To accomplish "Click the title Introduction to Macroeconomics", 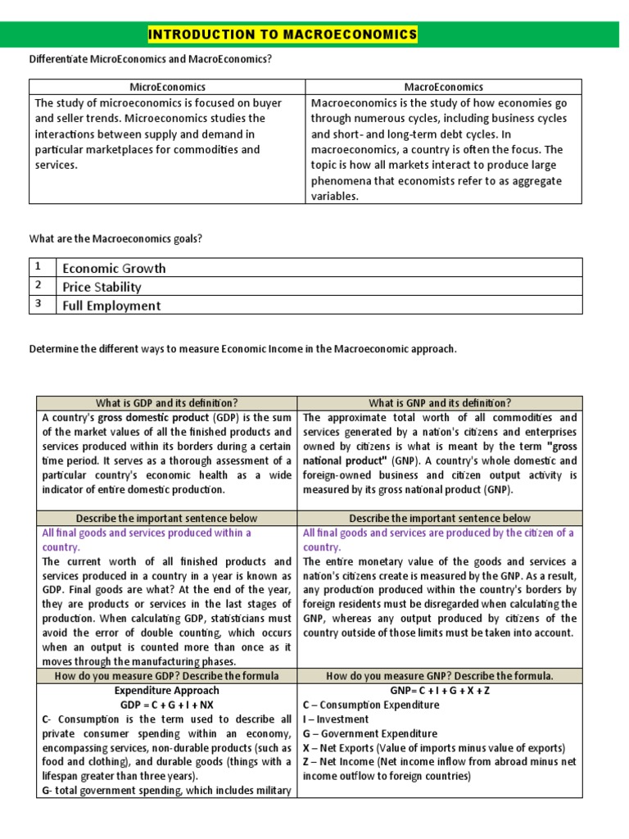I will tap(282, 34).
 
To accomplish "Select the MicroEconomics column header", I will tap(167, 87).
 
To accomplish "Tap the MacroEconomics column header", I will tap(443, 87).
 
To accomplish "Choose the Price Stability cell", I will tap(102, 287).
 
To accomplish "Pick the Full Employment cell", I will tap(111, 306).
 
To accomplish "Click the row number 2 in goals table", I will tap(38, 286).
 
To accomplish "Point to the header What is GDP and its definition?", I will tap(167, 403).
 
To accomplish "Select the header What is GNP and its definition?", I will tap(440, 403).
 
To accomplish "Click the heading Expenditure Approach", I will tap(166, 691).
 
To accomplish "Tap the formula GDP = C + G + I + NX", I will tap(166, 705).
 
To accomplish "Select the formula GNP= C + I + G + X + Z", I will tap(441, 691).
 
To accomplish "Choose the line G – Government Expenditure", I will tap(369, 733).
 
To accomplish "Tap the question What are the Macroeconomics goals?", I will tap(115, 238).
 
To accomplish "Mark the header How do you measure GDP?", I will tap(166, 676).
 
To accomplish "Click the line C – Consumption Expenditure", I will tap(370, 705).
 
